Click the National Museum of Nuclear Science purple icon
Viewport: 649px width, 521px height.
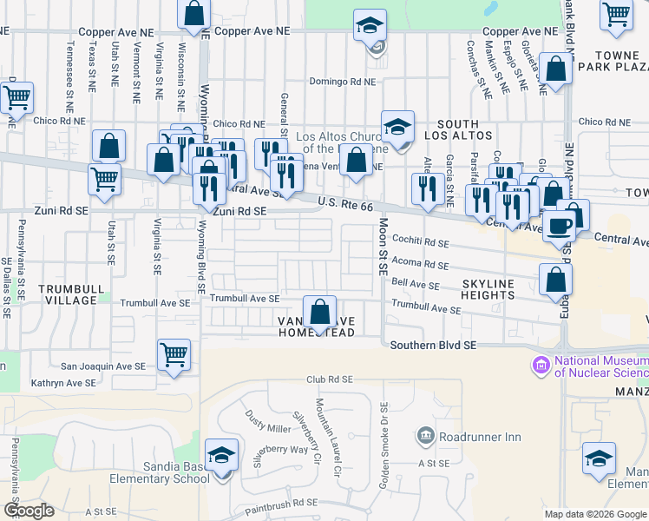pyautogui.click(x=542, y=364)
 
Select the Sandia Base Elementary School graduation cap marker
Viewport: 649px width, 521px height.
pyautogui.click(x=221, y=457)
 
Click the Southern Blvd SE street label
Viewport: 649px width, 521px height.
pyautogui.click(x=434, y=345)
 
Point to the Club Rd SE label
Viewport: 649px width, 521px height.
pyautogui.click(x=330, y=379)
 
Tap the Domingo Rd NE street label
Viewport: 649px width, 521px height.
pyautogui.click(x=344, y=82)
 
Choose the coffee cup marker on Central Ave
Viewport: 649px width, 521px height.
pyautogui.click(x=560, y=225)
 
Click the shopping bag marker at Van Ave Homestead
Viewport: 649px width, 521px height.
pyautogui.click(x=320, y=313)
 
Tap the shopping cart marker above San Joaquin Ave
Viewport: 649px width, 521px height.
pyautogui.click(x=174, y=354)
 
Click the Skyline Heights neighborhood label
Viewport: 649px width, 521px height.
pyautogui.click(x=488, y=289)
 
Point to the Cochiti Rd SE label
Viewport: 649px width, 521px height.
pyautogui.click(x=421, y=244)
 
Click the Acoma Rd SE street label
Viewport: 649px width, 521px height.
pyautogui.click(x=420, y=264)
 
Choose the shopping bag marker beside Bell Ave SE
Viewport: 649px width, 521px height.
pyautogui.click(x=555, y=280)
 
